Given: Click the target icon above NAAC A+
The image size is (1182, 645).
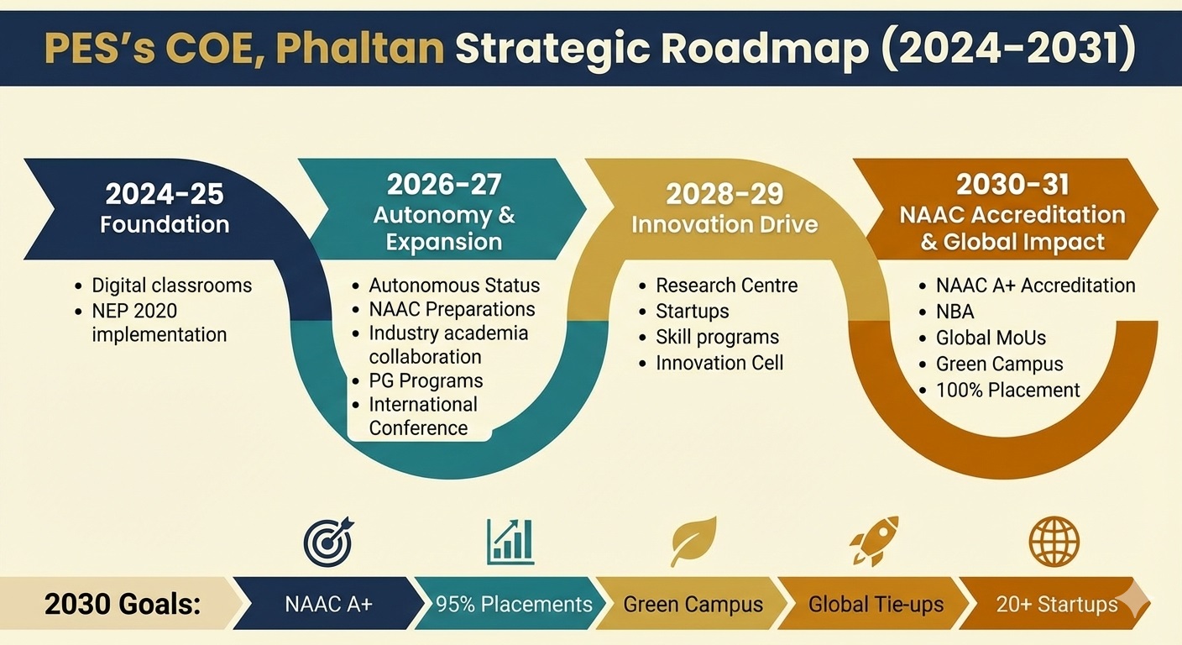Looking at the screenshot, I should click(x=328, y=542).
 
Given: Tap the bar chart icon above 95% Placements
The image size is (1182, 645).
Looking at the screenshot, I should click(x=510, y=542).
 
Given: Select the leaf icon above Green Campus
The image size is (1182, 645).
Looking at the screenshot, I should click(x=693, y=542).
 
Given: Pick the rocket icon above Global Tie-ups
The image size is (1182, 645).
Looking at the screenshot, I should click(x=873, y=542).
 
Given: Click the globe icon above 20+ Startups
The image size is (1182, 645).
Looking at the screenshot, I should click(x=1054, y=542).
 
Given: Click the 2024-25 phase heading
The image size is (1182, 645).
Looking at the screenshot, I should click(x=165, y=194).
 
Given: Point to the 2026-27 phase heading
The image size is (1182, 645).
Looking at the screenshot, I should click(x=443, y=185).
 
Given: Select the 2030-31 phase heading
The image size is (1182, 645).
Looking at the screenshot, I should click(x=1012, y=184).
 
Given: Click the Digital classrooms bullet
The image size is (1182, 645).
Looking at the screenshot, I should click(x=171, y=286).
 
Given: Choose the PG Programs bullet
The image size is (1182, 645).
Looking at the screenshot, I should click(x=426, y=380).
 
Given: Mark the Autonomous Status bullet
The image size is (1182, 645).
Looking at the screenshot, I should click(x=454, y=286).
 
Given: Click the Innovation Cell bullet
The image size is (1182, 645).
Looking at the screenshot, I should click(x=719, y=363).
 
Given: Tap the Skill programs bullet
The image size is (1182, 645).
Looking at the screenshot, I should click(x=717, y=337).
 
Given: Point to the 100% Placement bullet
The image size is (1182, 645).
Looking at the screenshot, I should click(x=1007, y=390).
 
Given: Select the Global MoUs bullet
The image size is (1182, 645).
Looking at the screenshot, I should click(x=991, y=338).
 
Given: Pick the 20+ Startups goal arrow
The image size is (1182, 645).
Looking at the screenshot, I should click(x=1056, y=604).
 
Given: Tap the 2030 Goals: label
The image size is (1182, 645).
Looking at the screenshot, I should click(x=123, y=604).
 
